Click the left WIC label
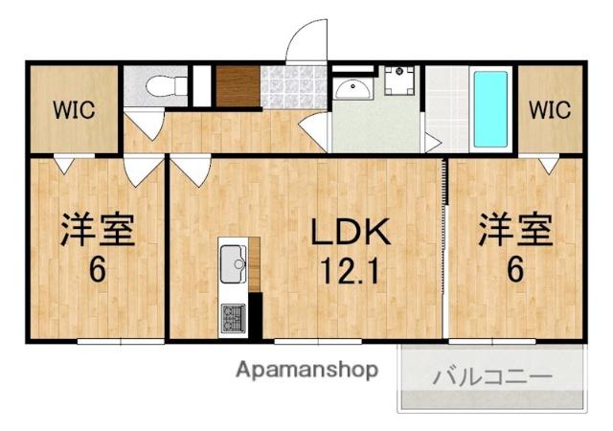point(73,109)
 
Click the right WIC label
point(550,109)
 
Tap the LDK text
point(349,231)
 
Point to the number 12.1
point(349,270)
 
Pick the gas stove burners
point(233,314)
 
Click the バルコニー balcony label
point(491,374)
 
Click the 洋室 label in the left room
point(97,230)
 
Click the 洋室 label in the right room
point(514,230)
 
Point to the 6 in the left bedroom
point(97,271)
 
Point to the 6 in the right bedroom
point(514,271)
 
